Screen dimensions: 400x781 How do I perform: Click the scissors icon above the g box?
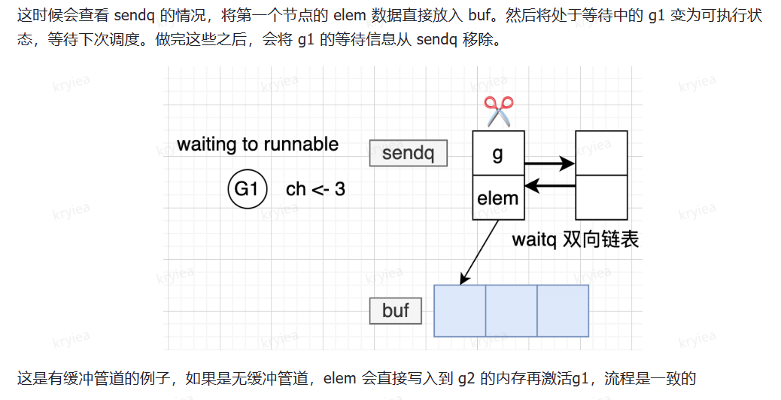[x=497, y=111]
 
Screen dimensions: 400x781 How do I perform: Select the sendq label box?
[x=409, y=154]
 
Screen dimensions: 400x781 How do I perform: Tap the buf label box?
[x=396, y=310]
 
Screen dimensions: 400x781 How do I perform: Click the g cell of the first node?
[x=497, y=154]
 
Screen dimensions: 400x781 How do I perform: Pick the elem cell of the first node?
[x=497, y=198]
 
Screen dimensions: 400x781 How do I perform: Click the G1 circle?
[x=247, y=188]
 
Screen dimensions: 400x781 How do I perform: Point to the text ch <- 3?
[x=315, y=189]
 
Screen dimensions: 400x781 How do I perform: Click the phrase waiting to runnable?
[x=257, y=144]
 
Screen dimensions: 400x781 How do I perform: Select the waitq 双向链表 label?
[x=575, y=240]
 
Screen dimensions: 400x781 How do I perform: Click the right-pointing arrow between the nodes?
[x=549, y=163]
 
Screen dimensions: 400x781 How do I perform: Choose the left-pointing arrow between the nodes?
[x=549, y=185]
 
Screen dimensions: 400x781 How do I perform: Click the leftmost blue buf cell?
[x=460, y=310]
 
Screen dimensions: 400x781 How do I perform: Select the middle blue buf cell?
[x=511, y=310]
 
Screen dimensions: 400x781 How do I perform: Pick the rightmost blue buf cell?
[x=562, y=310]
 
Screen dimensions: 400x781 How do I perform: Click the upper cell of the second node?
[x=601, y=153]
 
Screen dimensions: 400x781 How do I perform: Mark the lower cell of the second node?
[x=601, y=197]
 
